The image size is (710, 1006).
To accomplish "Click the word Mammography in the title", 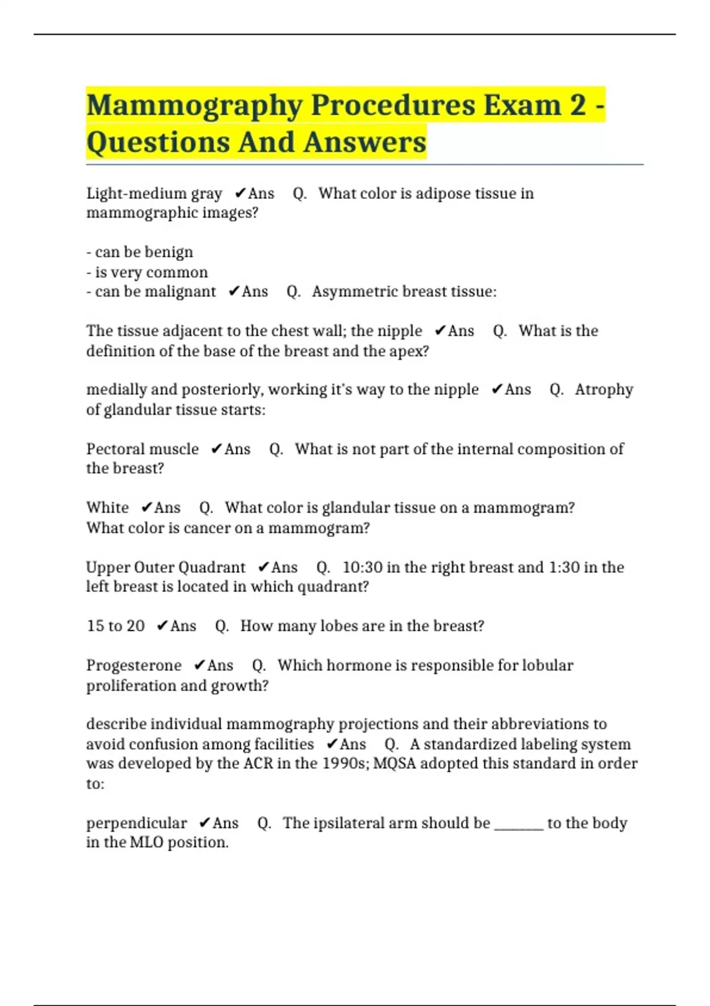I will click(x=194, y=106).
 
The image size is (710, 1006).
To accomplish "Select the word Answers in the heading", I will click(x=365, y=143).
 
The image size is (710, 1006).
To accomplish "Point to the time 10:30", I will click(x=363, y=568).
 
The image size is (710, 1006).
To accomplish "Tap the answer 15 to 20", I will click(x=115, y=626).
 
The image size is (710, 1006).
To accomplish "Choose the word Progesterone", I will click(x=134, y=666).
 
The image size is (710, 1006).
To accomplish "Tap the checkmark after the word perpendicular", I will click(x=204, y=823).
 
